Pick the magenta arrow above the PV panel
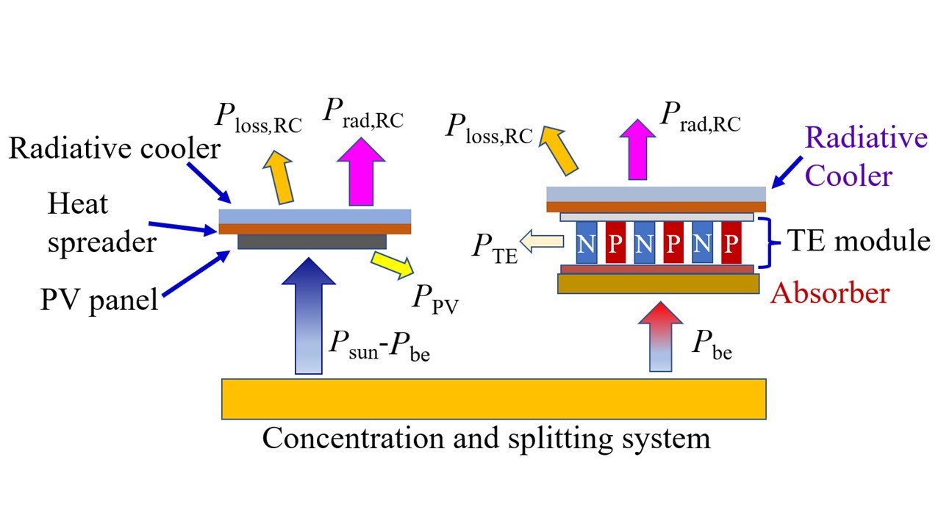click(x=360, y=171)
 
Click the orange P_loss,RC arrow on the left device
click(x=279, y=176)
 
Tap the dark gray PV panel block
click(x=312, y=242)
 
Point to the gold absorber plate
click(x=658, y=284)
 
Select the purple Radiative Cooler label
click(x=865, y=156)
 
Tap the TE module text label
click(x=859, y=241)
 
